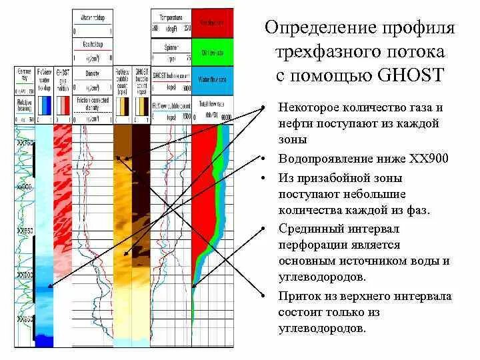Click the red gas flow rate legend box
[213, 24]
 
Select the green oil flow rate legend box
[213, 52]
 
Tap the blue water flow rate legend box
[213, 80]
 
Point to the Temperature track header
[171, 15]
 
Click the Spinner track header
[171, 47]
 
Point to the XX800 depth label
[25, 188]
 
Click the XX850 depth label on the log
[25, 231]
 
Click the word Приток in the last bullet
[299, 297]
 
